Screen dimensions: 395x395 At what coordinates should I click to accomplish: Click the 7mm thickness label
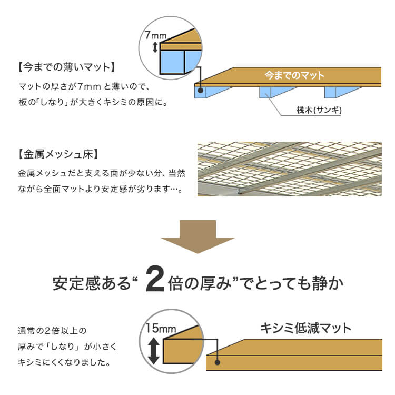click(156, 35)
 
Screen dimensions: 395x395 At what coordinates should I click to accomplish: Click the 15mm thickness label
click(161, 328)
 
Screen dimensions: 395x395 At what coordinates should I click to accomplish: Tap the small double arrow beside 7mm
click(155, 47)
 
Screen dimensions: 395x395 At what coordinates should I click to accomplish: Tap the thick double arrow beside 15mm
click(153, 351)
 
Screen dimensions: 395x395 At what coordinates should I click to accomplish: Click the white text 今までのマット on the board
click(294, 75)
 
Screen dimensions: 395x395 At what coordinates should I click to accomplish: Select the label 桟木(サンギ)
click(319, 110)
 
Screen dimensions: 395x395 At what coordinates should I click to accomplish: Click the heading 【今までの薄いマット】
click(66, 67)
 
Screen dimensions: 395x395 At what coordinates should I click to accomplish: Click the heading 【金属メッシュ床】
click(58, 154)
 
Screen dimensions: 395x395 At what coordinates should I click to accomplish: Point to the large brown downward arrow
click(197, 237)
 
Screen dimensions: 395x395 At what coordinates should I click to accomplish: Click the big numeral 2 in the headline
click(155, 279)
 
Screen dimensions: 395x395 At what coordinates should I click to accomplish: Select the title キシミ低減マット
click(305, 328)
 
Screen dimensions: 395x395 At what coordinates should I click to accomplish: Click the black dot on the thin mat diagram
click(201, 90)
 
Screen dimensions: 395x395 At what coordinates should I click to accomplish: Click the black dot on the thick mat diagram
click(217, 362)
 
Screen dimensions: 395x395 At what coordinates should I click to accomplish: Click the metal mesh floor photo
click(290, 169)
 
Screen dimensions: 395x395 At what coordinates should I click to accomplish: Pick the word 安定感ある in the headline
click(92, 283)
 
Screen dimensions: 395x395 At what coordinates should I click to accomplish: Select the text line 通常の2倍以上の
click(52, 331)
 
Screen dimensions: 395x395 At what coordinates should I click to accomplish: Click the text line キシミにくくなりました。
click(64, 362)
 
